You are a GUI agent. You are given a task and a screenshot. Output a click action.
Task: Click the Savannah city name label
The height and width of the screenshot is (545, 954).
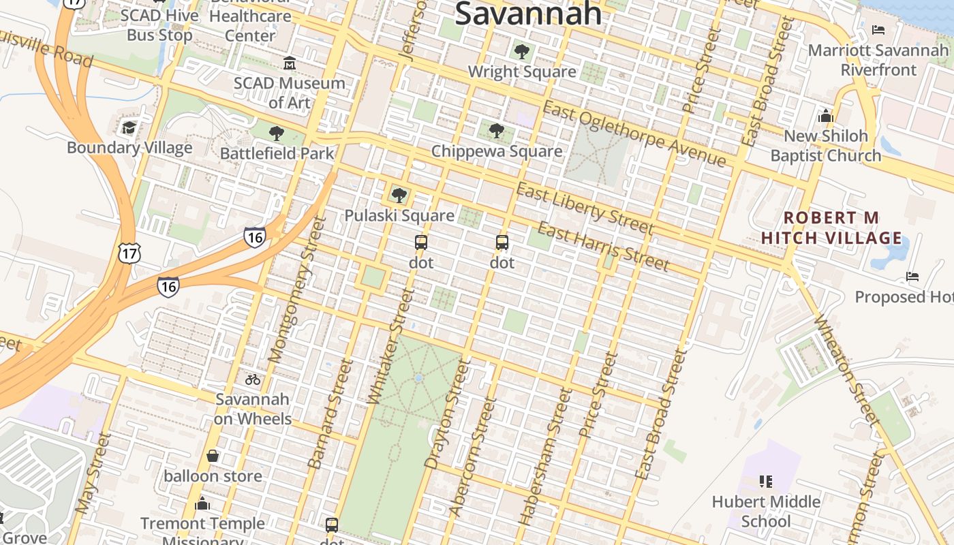point(528,14)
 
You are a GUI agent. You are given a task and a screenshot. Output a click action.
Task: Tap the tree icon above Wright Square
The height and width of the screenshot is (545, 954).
point(522,51)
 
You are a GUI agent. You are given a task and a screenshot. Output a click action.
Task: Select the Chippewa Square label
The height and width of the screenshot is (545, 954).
point(497,151)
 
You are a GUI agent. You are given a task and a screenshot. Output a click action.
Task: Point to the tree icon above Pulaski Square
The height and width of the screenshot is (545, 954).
point(399,196)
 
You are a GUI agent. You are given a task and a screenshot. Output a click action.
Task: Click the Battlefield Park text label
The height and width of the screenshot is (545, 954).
point(277,153)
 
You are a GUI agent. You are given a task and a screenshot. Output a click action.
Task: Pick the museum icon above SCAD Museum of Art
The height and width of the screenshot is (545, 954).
point(290,63)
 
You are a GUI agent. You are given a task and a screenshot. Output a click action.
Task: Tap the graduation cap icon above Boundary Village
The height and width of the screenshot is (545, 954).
point(129,127)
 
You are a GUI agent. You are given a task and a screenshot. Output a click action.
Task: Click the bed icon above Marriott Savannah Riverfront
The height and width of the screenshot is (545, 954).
point(878,30)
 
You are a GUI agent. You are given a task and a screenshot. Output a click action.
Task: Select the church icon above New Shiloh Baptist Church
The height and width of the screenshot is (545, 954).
point(826,116)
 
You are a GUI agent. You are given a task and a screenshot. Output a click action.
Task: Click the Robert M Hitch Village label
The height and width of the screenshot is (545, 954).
point(831,228)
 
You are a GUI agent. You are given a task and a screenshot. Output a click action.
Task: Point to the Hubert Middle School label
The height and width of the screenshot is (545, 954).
point(766,512)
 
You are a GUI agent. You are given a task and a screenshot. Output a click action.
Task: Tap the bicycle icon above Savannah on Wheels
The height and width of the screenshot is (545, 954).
point(253,379)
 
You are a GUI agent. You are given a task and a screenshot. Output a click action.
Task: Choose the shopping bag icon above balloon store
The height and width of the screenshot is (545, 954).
point(213,456)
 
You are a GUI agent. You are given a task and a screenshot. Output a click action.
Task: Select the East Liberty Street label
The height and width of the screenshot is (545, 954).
point(585,208)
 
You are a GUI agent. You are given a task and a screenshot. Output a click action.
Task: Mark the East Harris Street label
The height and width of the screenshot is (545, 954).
point(604,246)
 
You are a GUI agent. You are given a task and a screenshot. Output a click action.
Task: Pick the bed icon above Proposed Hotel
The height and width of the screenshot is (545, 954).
point(912,277)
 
